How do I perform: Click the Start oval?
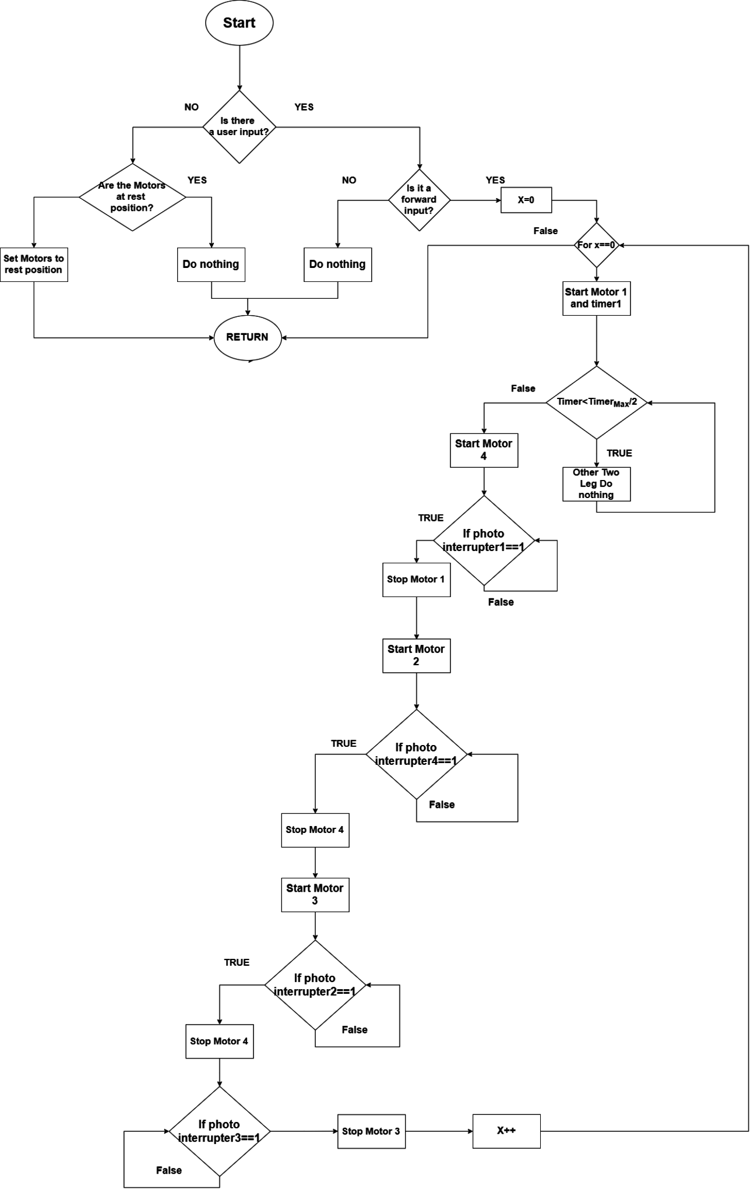(x=239, y=23)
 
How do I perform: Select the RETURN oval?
(x=248, y=337)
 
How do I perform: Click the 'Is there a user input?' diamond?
(x=239, y=126)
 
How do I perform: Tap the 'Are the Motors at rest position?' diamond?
(x=132, y=197)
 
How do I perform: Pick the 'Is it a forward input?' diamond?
(x=420, y=200)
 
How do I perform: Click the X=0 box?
(x=526, y=200)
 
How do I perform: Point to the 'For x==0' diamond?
(x=596, y=245)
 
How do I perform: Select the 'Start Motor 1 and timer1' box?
(x=596, y=298)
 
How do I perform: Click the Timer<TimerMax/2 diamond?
(x=596, y=402)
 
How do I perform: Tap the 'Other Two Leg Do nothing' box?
(x=596, y=484)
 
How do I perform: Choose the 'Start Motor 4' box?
(x=484, y=450)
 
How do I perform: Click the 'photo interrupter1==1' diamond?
(x=484, y=541)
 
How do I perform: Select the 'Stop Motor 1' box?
(x=416, y=580)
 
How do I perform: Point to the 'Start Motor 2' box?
(x=416, y=655)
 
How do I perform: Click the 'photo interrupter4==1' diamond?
(x=416, y=754)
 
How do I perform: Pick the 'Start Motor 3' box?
(x=315, y=895)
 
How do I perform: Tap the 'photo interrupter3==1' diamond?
(x=220, y=1132)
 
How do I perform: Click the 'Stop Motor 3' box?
(x=371, y=1131)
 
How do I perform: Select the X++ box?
(x=506, y=1131)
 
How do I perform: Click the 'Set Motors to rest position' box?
(x=34, y=264)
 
